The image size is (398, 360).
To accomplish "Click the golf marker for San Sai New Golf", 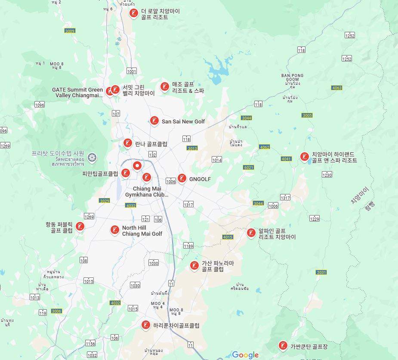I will pyautogui.click(x=154, y=121).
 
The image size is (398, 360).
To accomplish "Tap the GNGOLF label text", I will pyautogui.click(x=200, y=179).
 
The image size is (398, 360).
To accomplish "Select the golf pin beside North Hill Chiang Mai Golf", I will pyautogui.click(x=114, y=230).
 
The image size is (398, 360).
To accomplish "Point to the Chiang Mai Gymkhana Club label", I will pyautogui.click(x=147, y=192).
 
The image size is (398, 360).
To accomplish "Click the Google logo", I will pyautogui.click(x=245, y=355).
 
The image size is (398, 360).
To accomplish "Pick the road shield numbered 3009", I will pyautogui.click(x=70, y=31).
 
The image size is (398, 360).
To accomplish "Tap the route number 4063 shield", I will pyautogui.click(x=337, y=88).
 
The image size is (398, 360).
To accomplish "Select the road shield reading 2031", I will pyautogui.click(x=321, y=272).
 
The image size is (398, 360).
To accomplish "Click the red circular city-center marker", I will pyautogui.click(x=137, y=166).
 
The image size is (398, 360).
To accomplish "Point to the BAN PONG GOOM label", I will pyautogui.click(x=292, y=77).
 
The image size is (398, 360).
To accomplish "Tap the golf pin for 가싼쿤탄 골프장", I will pyautogui.click(x=283, y=345).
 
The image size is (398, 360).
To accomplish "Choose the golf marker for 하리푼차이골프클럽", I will pyautogui.click(x=146, y=325).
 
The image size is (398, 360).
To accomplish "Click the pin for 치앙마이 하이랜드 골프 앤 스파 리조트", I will pyautogui.click(x=305, y=157).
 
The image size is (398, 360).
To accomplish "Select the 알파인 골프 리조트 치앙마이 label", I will pyautogui.click(x=277, y=234).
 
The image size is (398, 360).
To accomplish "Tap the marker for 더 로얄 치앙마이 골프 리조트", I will pyautogui.click(x=134, y=13).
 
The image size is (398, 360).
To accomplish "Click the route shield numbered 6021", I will pyautogui.click(x=248, y=167).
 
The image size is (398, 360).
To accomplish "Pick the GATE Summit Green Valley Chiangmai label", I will pyautogui.click(x=77, y=92).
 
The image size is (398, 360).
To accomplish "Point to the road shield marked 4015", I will pyautogui.click(x=228, y=237).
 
